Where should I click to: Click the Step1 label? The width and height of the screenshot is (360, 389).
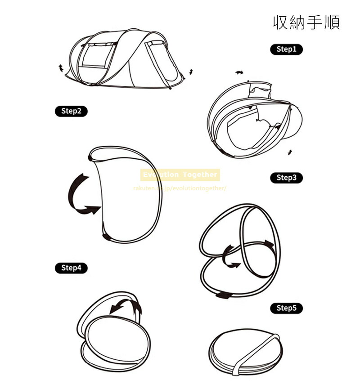286,49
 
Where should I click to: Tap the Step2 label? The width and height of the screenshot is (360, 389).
71,111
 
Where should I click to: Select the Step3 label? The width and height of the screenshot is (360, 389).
286,178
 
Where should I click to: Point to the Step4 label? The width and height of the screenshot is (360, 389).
71,268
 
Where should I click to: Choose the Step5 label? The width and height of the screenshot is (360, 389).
286,308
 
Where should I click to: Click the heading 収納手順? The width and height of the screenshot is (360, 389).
306,22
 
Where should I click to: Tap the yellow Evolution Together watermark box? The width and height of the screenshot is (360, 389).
180,174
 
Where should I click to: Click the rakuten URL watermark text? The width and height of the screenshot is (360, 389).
180,188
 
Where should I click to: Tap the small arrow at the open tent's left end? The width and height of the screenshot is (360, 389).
61,68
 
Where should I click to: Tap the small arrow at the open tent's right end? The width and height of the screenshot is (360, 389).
191,72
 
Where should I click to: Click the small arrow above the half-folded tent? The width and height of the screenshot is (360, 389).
239,72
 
